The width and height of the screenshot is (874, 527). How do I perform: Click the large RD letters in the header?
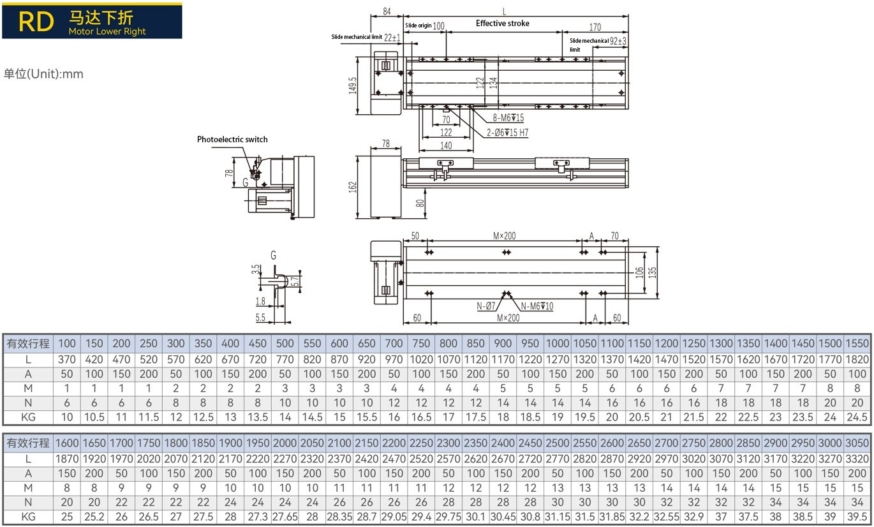(x=36, y=22)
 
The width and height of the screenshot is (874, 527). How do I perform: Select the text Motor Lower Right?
(x=107, y=31)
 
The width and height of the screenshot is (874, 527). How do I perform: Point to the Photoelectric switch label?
(x=232, y=139)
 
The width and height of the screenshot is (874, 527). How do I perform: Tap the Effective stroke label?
(x=502, y=24)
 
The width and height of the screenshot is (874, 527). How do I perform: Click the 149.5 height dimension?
(x=353, y=85)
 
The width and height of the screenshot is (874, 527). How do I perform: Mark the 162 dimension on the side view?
(x=353, y=186)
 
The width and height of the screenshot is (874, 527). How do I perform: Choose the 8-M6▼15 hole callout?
(x=508, y=117)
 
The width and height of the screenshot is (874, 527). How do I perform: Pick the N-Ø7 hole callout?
(x=485, y=306)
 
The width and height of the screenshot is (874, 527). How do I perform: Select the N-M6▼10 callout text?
(x=537, y=306)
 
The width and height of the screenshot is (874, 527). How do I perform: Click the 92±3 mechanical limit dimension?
(x=618, y=41)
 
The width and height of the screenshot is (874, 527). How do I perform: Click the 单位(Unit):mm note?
(x=43, y=74)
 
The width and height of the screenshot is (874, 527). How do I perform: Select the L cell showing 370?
(x=66, y=360)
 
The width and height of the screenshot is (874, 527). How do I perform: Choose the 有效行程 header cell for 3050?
(x=857, y=443)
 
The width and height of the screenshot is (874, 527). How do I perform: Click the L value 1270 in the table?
(x=558, y=360)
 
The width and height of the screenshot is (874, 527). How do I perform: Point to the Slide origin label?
(x=418, y=26)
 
